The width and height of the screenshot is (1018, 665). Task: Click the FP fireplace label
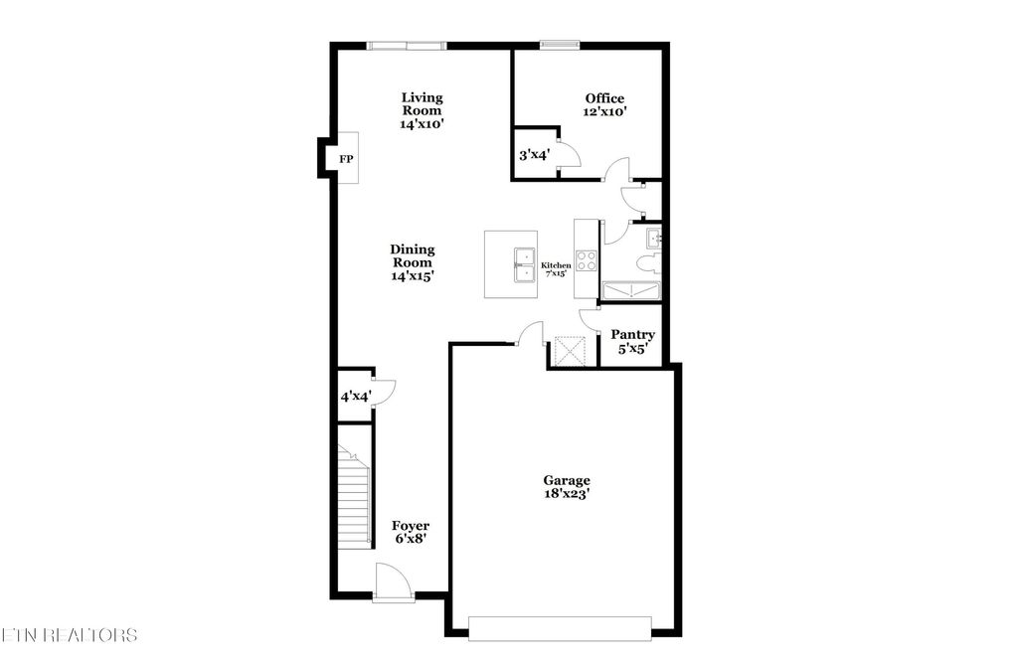click(346, 159)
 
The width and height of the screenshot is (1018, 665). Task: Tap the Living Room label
click(422, 111)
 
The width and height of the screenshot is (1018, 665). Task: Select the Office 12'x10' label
click(604, 105)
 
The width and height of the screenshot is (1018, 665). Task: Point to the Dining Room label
click(413, 263)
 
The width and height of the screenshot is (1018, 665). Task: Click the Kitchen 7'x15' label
click(556, 269)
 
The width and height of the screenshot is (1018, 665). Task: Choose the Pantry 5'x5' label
click(632, 342)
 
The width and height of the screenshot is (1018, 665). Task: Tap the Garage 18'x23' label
click(567, 487)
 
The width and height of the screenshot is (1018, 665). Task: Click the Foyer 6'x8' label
click(411, 532)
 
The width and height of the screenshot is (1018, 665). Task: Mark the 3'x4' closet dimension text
click(536, 155)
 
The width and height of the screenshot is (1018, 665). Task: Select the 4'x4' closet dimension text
click(355, 397)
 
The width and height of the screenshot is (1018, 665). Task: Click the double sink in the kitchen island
click(524, 264)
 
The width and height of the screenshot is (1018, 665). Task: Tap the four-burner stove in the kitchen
click(587, 261)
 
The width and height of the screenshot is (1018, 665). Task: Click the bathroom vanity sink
click(653, 238)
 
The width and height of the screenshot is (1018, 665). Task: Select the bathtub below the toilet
click(631, 291)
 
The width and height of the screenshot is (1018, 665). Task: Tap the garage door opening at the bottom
click(559, 627)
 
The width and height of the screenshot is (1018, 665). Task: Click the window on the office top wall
click(559, 44)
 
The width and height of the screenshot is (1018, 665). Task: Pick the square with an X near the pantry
click(572, 352)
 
